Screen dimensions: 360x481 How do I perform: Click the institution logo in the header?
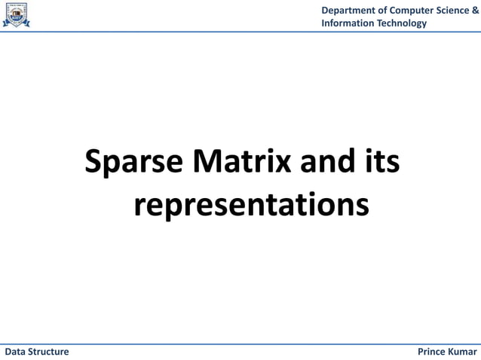(17, 15)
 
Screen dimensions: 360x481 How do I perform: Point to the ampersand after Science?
(475, 10)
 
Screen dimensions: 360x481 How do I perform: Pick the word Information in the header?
(348, 23)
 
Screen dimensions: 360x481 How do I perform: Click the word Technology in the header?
(402, 23)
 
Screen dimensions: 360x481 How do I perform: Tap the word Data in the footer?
(16, 352)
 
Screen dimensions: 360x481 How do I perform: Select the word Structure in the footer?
(49, 352)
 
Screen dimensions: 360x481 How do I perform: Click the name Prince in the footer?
(432, 352)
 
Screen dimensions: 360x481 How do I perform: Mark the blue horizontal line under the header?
(240, 32)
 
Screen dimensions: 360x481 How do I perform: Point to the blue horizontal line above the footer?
(240, 344)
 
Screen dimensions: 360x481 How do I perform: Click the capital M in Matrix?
(207, 161)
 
